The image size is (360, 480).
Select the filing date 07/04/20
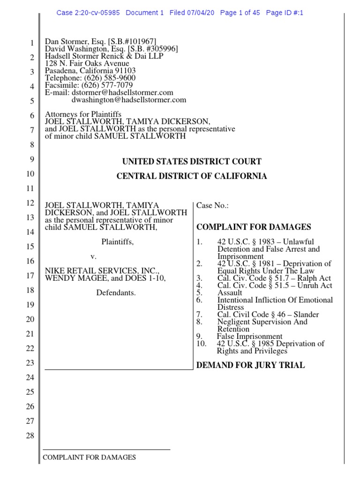click(201, 13)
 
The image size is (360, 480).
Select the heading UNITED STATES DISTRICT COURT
click(192, 162)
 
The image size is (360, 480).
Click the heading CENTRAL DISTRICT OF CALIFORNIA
click(192, 176)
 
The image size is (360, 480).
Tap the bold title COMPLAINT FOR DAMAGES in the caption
click(254, 227)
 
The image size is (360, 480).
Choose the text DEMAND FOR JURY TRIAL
click(250, 365)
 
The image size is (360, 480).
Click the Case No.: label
click(212, 206)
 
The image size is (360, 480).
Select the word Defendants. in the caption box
click(115, 293)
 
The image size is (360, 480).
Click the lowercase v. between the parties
click(93, 257)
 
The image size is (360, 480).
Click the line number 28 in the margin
click(30, 436)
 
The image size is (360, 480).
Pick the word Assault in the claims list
click(230, 293)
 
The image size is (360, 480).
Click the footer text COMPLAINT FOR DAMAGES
click(89, 457)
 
